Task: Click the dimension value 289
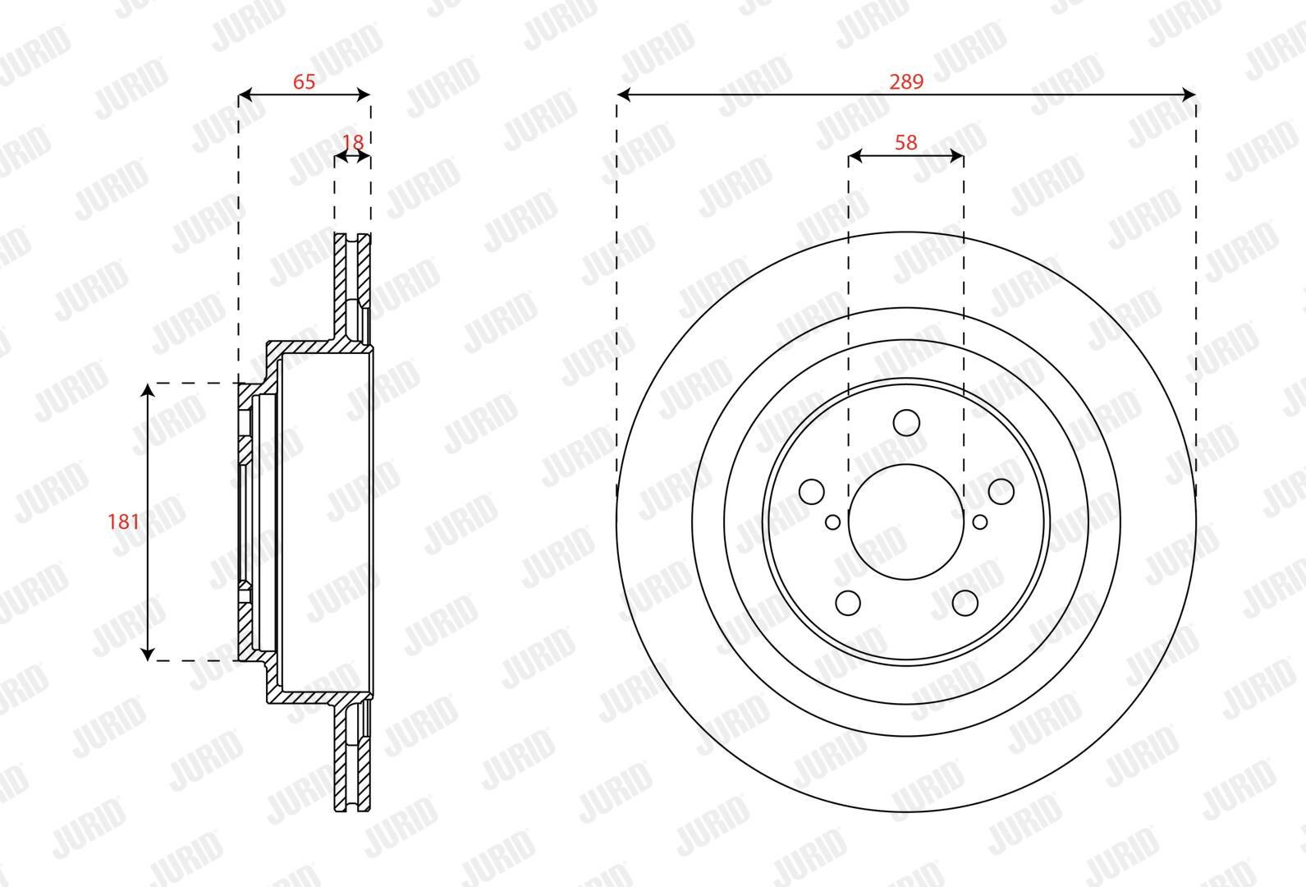click(x=906, y=81)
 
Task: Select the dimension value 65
click(x=304, y=81)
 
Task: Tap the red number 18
click(x=353, y=142)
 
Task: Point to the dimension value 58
click(x=906, y=142)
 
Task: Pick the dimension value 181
click(x=124, y=522)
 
